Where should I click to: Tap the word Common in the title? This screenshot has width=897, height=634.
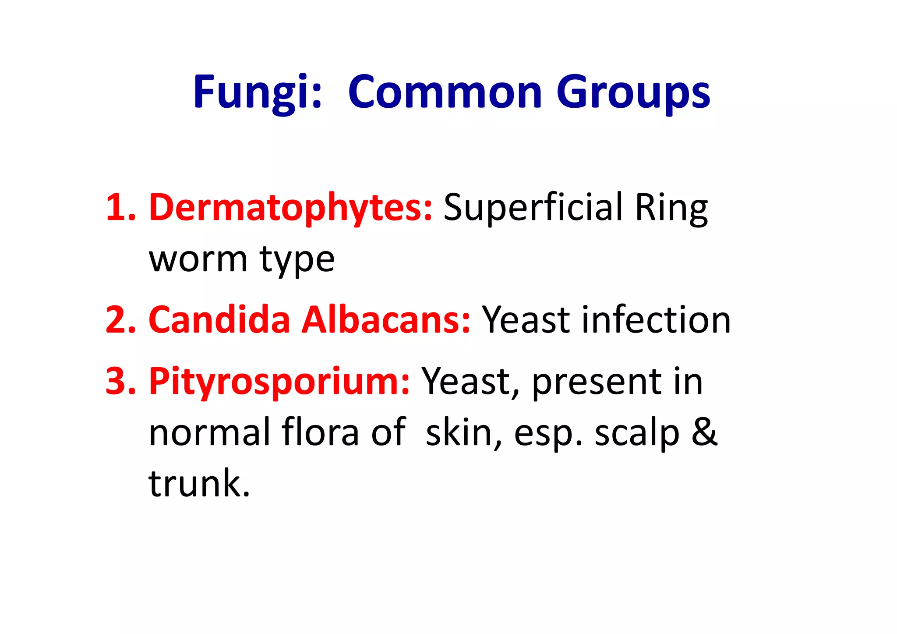coord(445,92)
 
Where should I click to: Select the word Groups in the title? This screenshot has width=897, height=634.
coord(633,93)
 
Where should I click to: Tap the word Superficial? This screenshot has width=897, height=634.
coord(533,208)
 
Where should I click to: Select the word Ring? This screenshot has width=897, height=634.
coord(671,209)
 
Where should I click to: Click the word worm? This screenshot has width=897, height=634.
coord(198,259)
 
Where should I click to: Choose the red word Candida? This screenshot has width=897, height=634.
coord(219,319)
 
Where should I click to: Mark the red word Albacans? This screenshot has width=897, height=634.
coord(385,319)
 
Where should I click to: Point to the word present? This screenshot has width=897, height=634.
coord(596,383)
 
